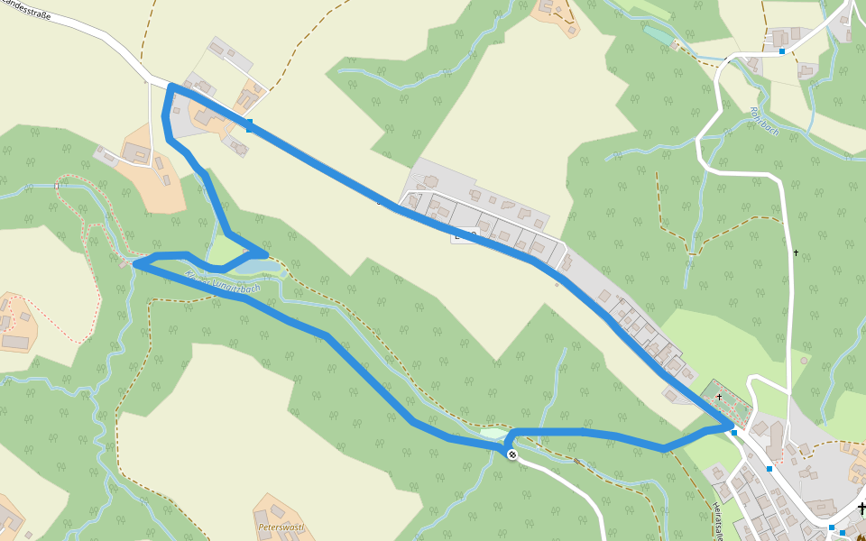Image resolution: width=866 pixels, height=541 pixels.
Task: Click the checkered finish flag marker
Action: click(511, 454)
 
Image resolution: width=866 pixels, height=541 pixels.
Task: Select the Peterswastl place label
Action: click(281, 527)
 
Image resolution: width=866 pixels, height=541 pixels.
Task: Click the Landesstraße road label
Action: click(27, 14)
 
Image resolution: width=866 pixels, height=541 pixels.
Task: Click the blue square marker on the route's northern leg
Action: click(249, 126)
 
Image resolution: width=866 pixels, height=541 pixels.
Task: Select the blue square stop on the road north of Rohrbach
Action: click(782, 51)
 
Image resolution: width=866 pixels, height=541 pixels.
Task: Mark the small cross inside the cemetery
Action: click(719, 397)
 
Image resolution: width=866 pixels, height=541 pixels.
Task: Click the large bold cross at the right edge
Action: click(861, 509)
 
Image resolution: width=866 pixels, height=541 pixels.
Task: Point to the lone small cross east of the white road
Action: click(796, 252)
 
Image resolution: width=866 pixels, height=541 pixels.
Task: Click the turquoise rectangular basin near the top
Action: click(659, 36)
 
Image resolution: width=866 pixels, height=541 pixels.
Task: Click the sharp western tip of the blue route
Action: click(134, 264)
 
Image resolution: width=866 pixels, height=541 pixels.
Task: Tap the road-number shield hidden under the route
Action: click(465, 234)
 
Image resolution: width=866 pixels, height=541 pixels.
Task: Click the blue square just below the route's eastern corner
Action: click(734, 434)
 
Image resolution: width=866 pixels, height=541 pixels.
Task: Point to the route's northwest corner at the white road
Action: click(170, 87)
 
